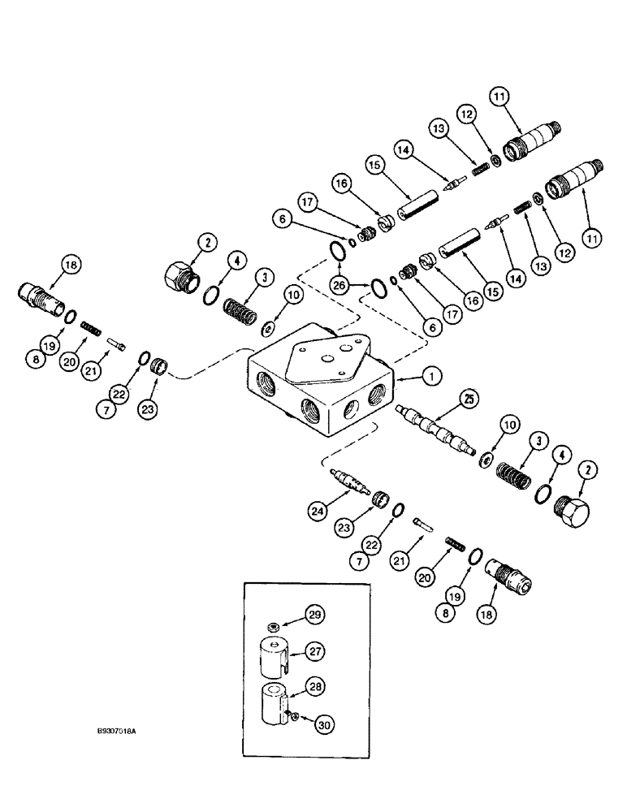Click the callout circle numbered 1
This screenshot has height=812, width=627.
click(x=431, y=375)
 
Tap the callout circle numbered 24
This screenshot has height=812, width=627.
click(x=318, y=510)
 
